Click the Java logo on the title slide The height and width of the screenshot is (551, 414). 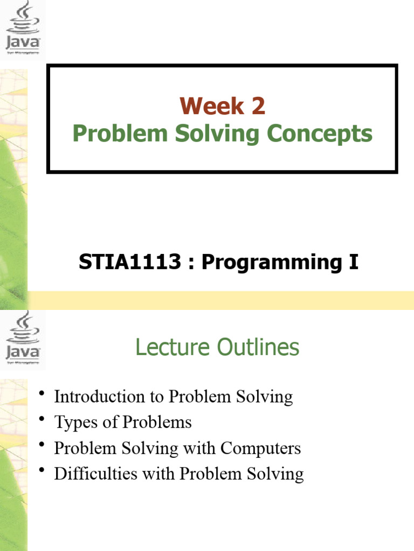23,27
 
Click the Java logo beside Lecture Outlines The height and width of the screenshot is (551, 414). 23,339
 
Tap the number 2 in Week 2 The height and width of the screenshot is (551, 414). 258,106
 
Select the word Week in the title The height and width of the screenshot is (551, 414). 211,106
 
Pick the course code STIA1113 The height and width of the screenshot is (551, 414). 129,262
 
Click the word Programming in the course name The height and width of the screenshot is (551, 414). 272,263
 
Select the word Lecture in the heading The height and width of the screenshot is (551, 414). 172,347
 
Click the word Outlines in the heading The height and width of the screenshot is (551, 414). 258,347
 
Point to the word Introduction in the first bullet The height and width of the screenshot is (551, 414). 99,397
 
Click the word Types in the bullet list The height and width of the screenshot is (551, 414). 75,422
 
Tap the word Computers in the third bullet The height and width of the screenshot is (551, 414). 260,449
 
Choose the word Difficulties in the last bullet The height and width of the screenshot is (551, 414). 96,474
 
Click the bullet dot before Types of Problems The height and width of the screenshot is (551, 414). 42,419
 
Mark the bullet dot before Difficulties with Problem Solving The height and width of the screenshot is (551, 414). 42,470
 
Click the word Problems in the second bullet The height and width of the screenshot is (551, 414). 157,422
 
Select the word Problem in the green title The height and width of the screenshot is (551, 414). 120,133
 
